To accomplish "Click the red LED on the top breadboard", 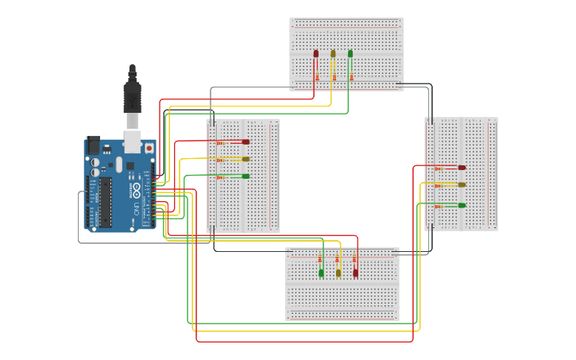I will coord(316,54).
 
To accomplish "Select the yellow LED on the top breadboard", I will coord(333,54).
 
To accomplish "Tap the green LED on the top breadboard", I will coord(350,54).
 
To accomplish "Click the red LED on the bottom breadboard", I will coord(355,273).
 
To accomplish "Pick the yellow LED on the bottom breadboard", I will coord(338,273).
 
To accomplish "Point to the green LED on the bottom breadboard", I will coord(321,273).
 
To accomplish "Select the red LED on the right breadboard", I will coord(462,168).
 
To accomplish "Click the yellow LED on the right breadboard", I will coord(462,185).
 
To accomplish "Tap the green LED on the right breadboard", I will coord(462,205).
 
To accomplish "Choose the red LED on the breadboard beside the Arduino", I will coord(245,142).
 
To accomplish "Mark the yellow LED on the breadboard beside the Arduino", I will coord(245,159).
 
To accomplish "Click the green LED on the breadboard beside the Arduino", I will coord(245,176).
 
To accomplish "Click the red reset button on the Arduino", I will coord(149,148).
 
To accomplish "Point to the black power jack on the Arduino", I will coord(92,145).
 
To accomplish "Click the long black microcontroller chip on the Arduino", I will coord(106,203).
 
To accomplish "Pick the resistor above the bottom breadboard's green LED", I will coord(321,259).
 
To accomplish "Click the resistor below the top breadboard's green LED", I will coord(350,77).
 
